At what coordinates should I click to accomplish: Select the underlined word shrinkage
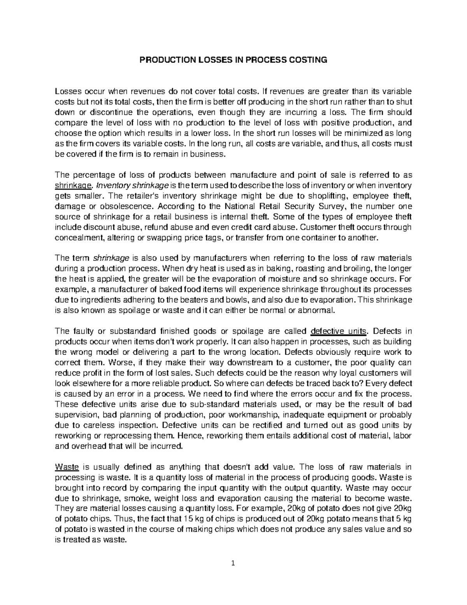[74, 185]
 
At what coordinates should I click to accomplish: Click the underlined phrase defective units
[339, 332]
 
